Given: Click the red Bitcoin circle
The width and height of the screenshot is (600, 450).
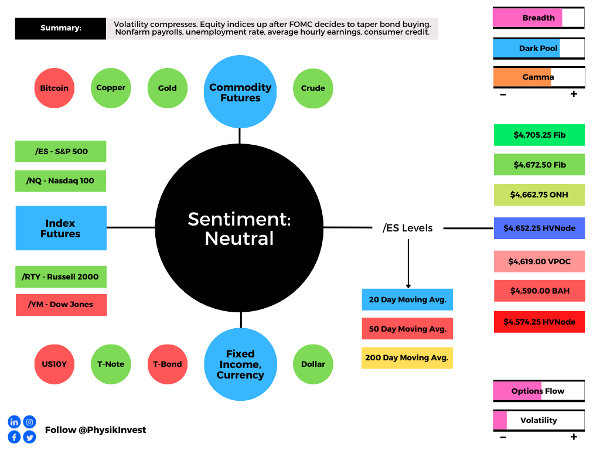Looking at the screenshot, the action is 54,88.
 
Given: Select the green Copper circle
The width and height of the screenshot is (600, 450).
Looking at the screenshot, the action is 111,88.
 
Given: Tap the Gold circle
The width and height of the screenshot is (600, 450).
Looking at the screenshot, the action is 168,88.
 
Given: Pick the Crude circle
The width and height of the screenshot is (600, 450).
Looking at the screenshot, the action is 313,88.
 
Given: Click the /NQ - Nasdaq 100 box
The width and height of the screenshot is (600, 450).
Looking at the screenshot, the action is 60,181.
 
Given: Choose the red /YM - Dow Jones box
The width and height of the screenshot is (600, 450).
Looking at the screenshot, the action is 61,305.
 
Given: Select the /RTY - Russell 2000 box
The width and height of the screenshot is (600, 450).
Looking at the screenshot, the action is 61,277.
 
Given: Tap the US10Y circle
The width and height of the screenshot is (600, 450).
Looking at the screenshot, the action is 54,364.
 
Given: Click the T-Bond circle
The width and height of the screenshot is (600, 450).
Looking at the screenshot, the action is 168,364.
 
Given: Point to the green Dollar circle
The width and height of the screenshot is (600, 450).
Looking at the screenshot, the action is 313,364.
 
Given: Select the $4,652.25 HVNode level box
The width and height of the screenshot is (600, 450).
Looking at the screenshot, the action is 539,228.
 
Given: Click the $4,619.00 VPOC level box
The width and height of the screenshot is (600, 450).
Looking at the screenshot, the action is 539,261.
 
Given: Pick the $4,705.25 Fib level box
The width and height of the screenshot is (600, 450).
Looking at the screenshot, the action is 539,135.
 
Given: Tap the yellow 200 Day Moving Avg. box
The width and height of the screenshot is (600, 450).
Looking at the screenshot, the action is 407,358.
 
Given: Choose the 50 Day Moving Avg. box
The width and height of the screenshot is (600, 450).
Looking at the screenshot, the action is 407,329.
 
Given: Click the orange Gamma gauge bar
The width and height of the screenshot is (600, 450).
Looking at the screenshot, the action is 539,77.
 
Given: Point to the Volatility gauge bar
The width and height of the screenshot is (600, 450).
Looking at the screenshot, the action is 539,421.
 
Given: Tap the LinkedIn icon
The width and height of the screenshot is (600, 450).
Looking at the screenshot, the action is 14,422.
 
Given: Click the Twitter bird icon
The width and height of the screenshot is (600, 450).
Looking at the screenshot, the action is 29,437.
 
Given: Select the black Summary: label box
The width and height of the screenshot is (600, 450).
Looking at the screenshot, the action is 60,28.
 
